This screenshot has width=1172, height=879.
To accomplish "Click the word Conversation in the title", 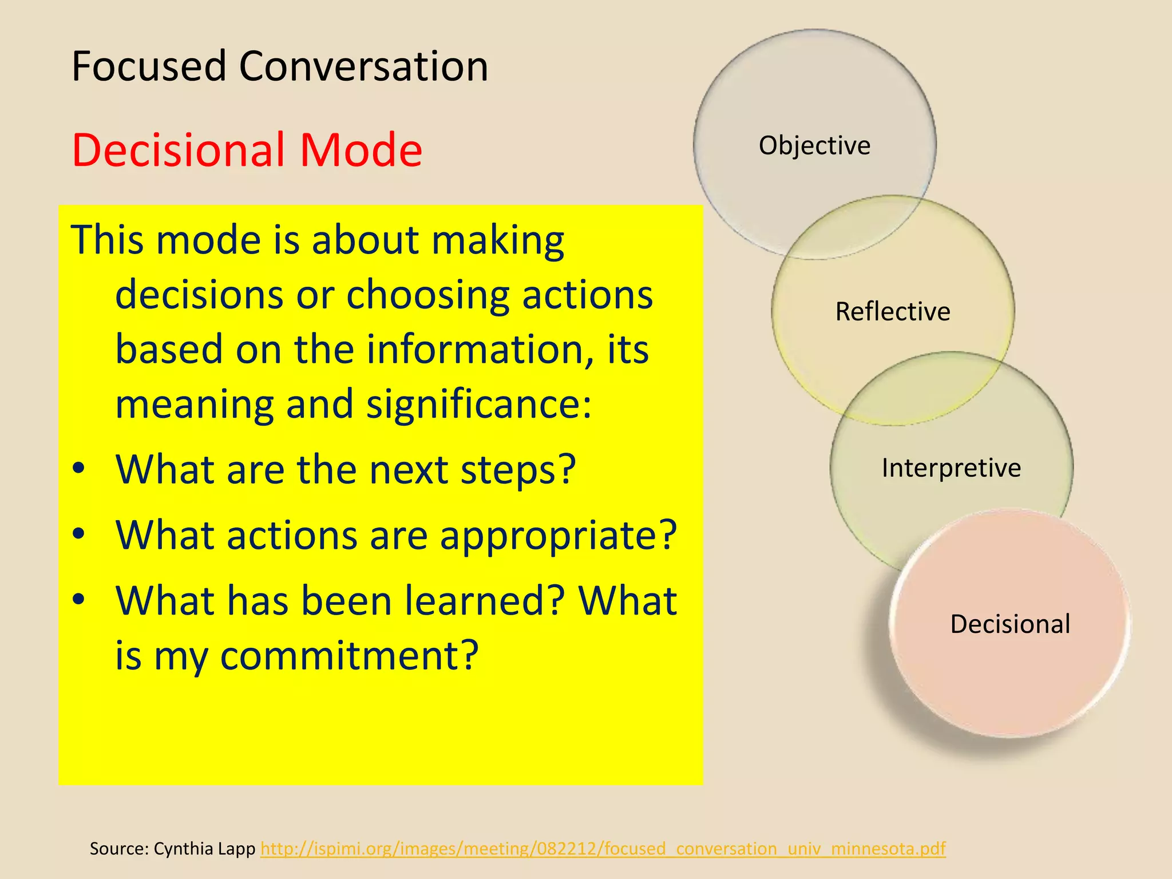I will pos(363,66).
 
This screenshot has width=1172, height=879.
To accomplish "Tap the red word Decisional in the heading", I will pos(178,150).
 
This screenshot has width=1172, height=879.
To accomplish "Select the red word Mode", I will pos(361,150).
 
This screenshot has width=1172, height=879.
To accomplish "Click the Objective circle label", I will pos(814,145).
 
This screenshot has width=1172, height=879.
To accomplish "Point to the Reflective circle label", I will pos(892,312).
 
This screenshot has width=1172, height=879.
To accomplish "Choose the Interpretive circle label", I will pos(951,468).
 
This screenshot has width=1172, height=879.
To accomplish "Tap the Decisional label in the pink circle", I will pos(1010,624).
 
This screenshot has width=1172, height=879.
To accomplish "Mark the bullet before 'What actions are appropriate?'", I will pos(79,534).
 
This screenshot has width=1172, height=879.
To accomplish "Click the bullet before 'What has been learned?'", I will pos(79,600).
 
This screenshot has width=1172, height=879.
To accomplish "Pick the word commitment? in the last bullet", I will pos(349,656).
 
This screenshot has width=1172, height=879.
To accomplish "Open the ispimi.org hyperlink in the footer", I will pos(603,848).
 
